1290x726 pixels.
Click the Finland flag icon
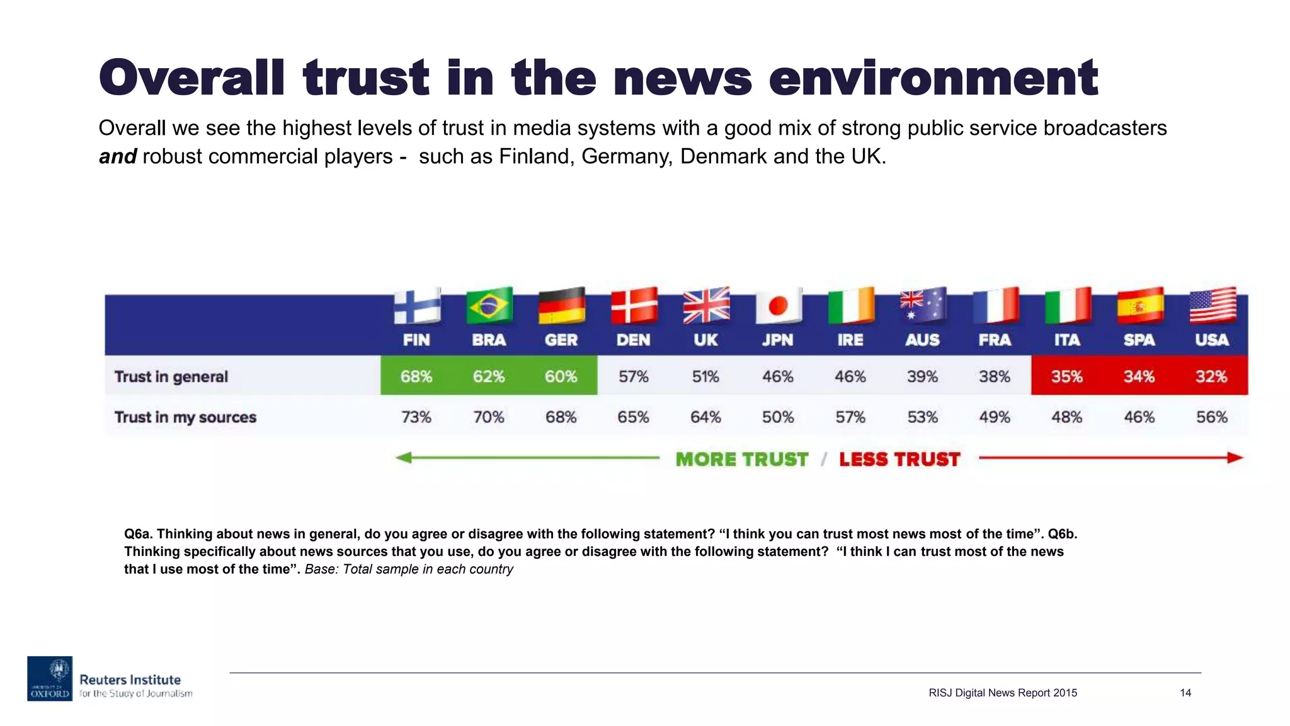pyautogui.click(x=417, y=307)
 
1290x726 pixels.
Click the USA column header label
pyautogui.click(x=1212, y=340)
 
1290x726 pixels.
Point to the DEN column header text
pyautogui.click(x=633, y=340)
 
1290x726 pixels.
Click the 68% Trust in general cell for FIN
pyautogui.click(x=416, y=377)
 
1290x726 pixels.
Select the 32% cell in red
pyautogui.click(x=1211, y=377)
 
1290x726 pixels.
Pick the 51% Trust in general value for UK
pyautogui.click(x=705, y=377)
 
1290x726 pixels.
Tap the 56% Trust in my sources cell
pyautogui.click(x=1211, y=417)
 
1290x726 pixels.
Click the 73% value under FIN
pyautogui.click(x=416, y=417)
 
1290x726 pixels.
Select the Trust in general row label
pyautogui.click(x=171, y=377)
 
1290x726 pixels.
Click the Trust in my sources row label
pyautogui.click(x=185, y=417)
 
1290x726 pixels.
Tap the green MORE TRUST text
pyautogui.click(x=741, y=459)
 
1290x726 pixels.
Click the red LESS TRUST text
pyautogui.click(x=899, y=459)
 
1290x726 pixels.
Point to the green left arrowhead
pyautogui.click(x=404, y=458)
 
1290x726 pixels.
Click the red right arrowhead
pyautogui.click(x=1235, y=458)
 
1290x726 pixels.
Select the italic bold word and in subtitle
pyautogui.click(x=118, y=156)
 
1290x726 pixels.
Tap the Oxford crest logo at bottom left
pyautogui.click(x=50, y=678)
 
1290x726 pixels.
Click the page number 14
pyautogui.click(x=1185, y=693)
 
